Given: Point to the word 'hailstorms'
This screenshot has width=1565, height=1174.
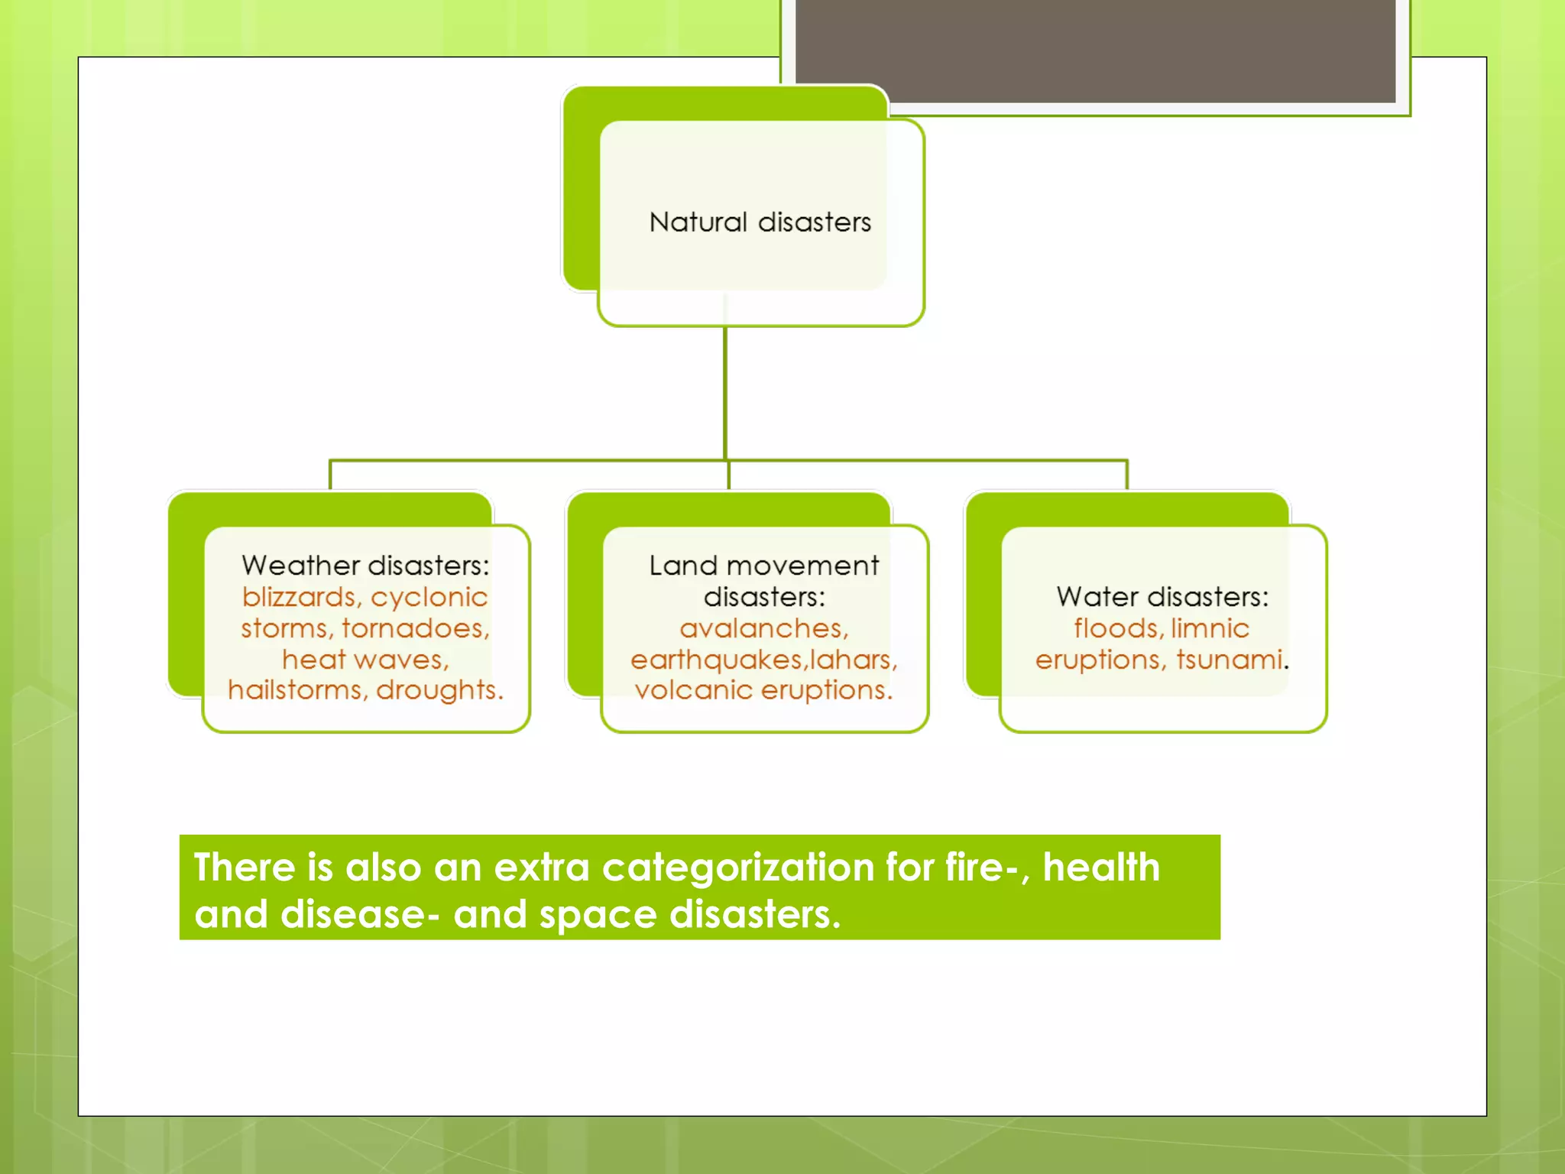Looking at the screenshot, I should (295, 690).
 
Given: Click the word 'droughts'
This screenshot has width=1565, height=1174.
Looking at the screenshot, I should (438, 690).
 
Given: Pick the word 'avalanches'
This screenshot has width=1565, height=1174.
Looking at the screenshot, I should (763, 628).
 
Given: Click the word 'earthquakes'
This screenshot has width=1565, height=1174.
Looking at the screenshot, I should (716, 660).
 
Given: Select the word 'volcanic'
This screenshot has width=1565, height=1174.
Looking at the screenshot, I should (693, 690).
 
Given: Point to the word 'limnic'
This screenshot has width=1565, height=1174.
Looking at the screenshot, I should (1210, 628).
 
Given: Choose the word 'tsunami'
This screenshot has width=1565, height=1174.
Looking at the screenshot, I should (1229, 660).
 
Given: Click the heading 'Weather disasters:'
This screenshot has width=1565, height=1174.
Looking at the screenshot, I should (365, 566).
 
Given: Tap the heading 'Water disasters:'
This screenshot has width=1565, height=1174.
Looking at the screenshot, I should (1162, 597).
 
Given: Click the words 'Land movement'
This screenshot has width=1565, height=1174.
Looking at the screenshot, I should (764, 566).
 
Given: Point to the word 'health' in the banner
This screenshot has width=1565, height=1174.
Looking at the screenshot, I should (1101, 868).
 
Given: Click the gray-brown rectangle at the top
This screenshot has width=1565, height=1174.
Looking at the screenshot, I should (1095, 50).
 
